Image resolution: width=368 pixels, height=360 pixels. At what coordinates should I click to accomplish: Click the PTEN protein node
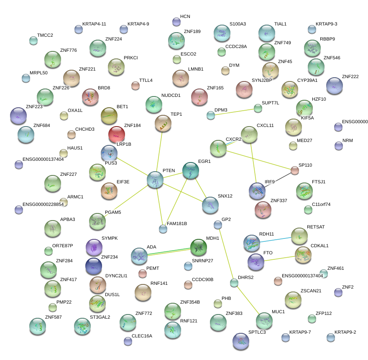click(155, 179)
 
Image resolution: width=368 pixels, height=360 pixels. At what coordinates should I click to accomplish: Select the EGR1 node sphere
click(191, 170)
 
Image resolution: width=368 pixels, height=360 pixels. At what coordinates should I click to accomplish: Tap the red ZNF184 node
click(116, 134)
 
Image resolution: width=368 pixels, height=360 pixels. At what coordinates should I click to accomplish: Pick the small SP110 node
click(295, 170)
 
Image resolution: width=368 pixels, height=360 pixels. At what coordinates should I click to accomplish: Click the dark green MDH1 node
click(199, 247)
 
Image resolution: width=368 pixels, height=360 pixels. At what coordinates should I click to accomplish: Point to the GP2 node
click(217, 225)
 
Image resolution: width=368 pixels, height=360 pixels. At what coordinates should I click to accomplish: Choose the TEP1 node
click(163, 124)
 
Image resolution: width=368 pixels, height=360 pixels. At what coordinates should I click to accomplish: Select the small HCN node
click(176, 22)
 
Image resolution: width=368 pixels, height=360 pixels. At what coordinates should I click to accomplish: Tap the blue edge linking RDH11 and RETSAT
click(275, 239)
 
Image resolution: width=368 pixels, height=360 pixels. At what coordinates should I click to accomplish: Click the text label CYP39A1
click(307, 81)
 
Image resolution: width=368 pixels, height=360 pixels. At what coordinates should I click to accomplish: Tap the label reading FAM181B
click(177, 224)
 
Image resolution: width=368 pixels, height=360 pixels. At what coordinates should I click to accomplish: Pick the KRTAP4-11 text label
click(94, 24)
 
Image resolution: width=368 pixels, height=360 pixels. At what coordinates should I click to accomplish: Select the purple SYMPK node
click(94, 247)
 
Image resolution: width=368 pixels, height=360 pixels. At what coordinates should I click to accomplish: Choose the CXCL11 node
click(249, 134)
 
